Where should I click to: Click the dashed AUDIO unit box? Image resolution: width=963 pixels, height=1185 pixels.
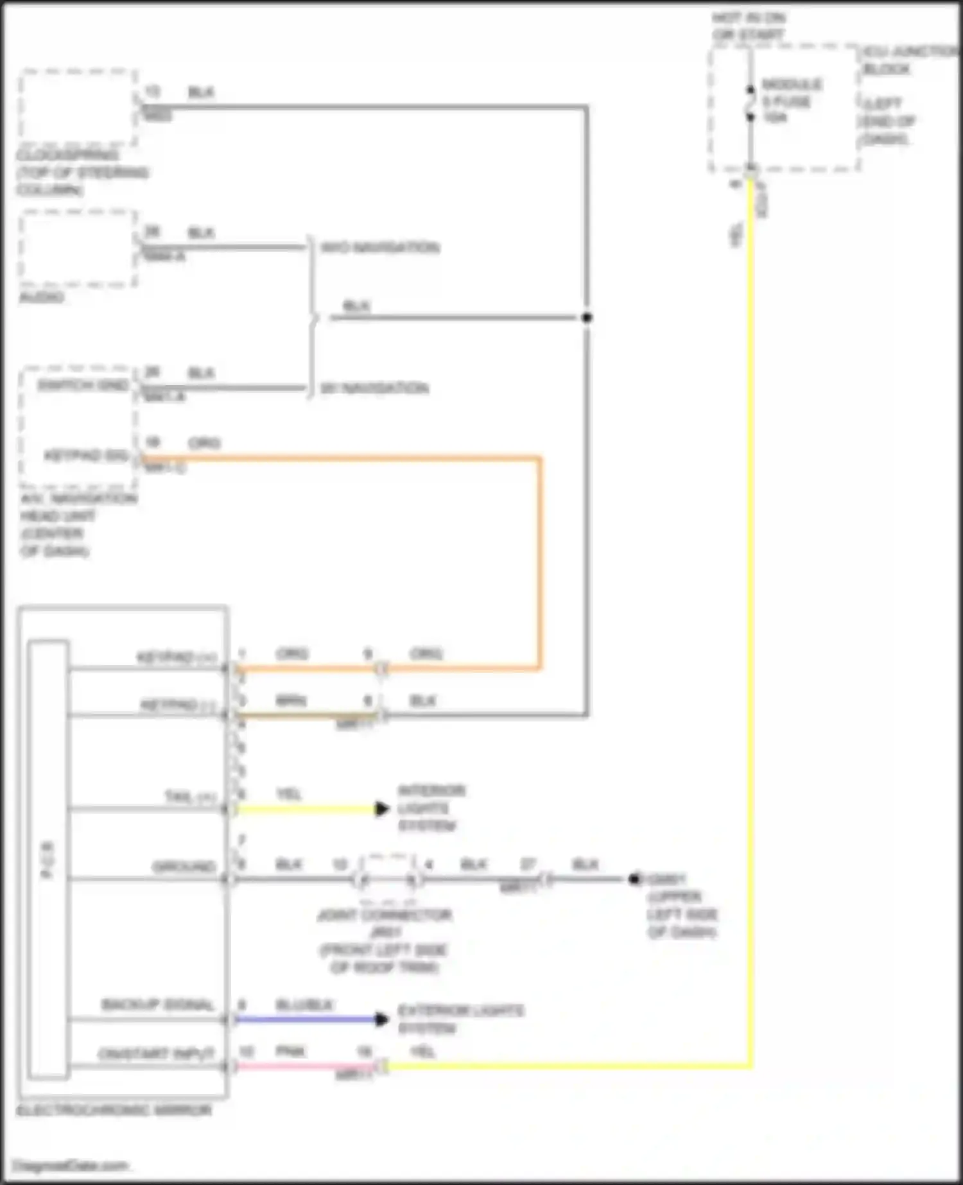[77, 248]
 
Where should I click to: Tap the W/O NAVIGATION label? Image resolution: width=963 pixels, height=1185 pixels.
[380, 248]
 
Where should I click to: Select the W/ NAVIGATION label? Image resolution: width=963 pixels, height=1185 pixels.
[374, 388]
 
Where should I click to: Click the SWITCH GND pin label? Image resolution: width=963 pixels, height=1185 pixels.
[83, 385]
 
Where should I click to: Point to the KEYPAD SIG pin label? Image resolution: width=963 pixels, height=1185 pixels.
[86, 456]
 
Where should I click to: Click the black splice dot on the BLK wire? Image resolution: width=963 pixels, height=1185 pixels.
[586, 317]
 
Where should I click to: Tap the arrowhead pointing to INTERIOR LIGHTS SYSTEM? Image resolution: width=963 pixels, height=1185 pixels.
[382, 809]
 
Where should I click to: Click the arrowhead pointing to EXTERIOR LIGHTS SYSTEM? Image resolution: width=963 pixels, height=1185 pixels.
[382, 1019]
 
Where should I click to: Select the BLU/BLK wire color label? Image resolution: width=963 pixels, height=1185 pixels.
[304, 1005]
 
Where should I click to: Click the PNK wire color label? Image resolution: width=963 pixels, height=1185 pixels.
[290, 1051]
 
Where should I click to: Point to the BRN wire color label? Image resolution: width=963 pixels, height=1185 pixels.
[290, 701]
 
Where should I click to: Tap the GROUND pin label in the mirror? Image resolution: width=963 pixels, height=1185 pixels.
[183, 867]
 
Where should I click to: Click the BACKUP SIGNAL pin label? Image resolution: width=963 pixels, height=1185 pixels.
[157, 1005]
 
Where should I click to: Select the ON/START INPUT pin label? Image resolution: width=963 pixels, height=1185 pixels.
[156, 1054]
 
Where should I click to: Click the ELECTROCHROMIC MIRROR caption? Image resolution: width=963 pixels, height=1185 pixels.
[114, 1111]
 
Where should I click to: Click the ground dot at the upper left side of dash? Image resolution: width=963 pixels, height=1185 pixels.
[634, 879]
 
